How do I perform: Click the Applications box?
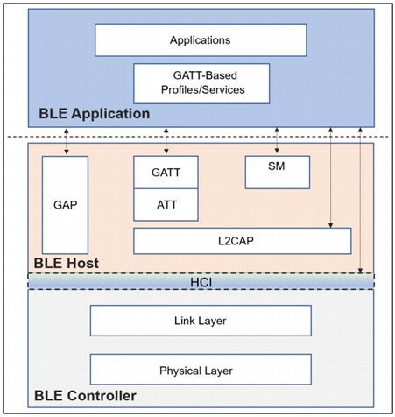tap(201, 40)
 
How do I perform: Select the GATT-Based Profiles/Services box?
tap(201, 83)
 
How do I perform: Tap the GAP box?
tap(65, 205)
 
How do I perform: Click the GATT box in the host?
tap(166, 173)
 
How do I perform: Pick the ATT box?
tap(166, 205)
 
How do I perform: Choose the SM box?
tap(278, 173)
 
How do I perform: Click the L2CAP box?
tap(243, 241)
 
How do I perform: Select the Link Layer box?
tap(201, 321)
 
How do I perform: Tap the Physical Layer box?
tap(201, 370)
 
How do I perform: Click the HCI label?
tap(201, 282)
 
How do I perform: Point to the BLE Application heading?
tap(95, 114)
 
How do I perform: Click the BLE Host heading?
tap(67, 263)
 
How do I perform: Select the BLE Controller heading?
tap(85, 396)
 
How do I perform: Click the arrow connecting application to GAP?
tap(67, 141)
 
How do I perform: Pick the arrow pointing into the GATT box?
tap(166, 141)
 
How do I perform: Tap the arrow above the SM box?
tap(277, 140)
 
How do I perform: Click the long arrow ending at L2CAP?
tap(330, 178)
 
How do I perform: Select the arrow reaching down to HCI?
tap(360, 201)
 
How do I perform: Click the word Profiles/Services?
tap(203, 89)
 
